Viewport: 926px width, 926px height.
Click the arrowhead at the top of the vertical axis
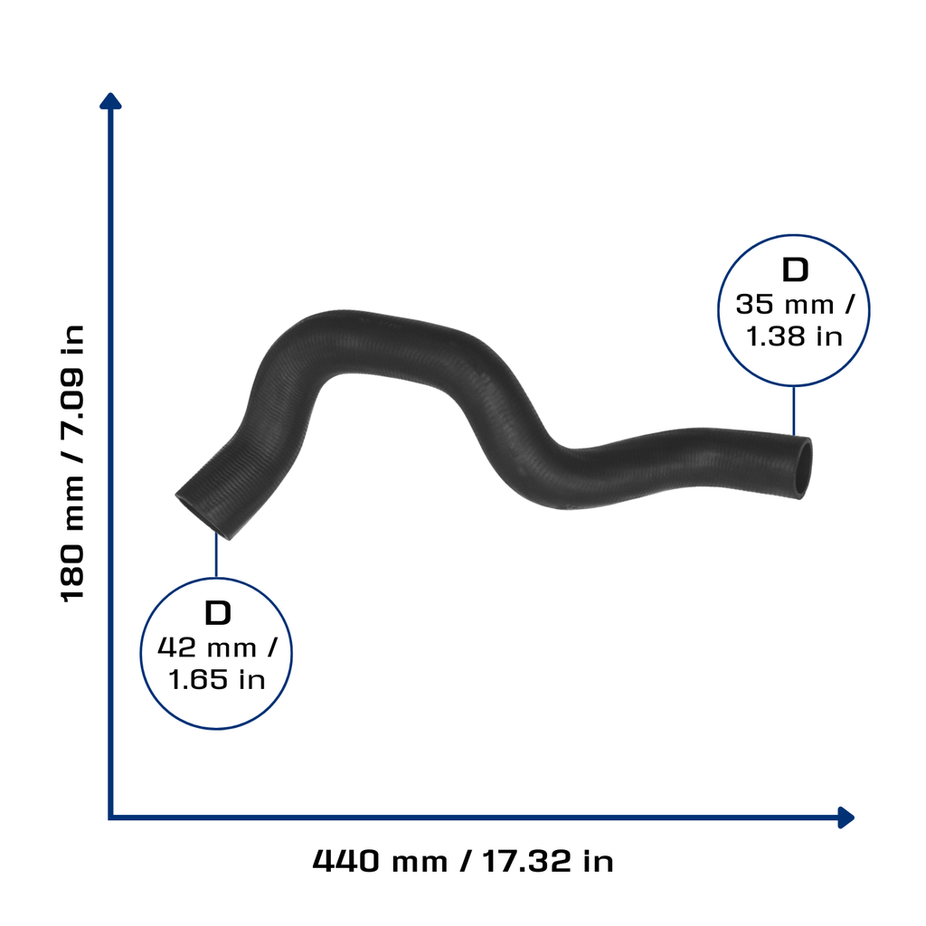(110, 101)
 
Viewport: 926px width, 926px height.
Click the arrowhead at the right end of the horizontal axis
(846, 817)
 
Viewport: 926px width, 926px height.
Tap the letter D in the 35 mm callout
(795, 270)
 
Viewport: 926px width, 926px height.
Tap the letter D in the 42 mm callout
(217, 613)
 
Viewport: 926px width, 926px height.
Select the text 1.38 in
(794, 336)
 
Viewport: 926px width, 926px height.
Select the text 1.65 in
(217, 680)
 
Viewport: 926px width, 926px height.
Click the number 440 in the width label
(346, 861)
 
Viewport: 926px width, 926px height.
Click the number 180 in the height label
(73, 572)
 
